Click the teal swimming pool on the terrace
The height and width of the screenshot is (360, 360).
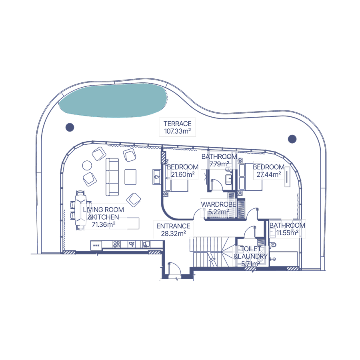[x=112, y=100]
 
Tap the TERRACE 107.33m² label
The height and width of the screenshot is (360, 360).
[x=178, y=127]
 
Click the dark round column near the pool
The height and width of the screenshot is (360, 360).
[x=70, y=127]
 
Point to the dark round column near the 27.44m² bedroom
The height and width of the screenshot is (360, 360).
[x=292, y=139]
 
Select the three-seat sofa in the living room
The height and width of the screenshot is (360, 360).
[x=112, y=177]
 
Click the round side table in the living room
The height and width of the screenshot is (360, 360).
[x=87, y=165]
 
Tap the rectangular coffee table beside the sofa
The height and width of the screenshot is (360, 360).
[x=130, y=177]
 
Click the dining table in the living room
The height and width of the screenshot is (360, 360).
[x=80, y=210]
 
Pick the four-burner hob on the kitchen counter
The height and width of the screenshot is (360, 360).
[x=117, y=244]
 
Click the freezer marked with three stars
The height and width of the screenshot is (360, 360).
[x=96, y=246]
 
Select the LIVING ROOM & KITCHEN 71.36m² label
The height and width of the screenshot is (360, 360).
[x=103, y=217]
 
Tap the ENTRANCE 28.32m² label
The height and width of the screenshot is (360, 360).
[x=173, y=230]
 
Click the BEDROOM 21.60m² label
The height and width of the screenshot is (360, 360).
[x=183, y=170]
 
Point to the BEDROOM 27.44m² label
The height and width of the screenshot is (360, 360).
[x=269, y=170]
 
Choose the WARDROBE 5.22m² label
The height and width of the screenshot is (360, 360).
[x=218, y=208]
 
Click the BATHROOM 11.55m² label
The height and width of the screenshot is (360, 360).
[x=287, y=229]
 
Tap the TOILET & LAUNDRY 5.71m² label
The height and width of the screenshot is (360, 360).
[x=251, y=256]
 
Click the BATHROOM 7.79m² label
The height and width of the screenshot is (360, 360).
[x=219, y=160]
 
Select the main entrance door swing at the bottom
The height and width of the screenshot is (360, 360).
[x=175, y=269]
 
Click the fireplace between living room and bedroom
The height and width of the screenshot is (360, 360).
[x=156, y=177]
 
